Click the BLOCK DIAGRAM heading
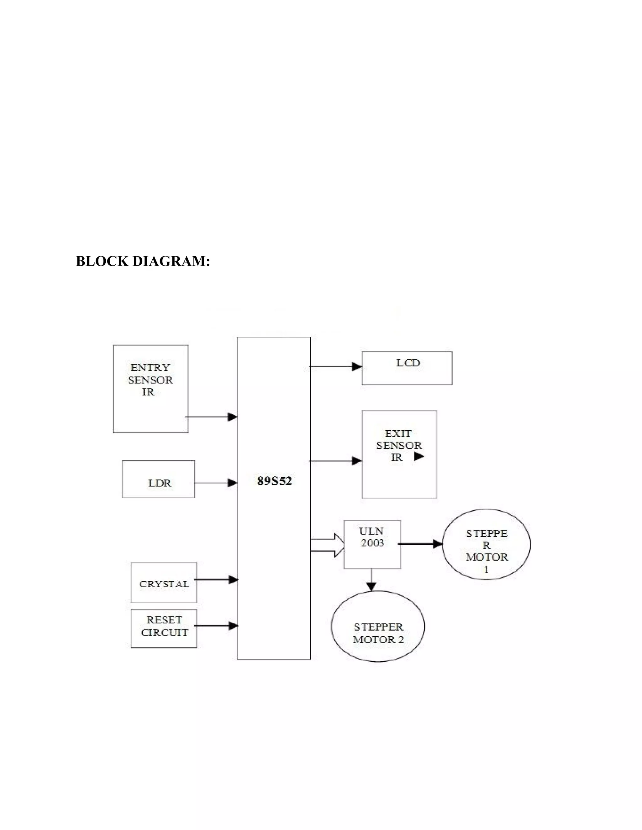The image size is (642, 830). point(143,262)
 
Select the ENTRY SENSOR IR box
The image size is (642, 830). point(150,388)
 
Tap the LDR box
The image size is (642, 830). point(158,479)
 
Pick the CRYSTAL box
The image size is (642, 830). point(164,583)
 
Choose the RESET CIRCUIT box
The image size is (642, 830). point(164,629)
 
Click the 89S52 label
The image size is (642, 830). point(274,481)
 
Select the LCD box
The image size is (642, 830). point(407,368)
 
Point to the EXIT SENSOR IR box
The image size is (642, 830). point(399,454)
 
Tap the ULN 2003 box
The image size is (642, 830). point(372,544)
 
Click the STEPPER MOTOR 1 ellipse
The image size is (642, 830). point(486,544)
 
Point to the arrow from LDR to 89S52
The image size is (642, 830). point(216,483)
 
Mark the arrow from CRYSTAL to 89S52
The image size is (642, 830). point(216,579)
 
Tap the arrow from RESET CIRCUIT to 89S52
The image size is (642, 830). point(216,625)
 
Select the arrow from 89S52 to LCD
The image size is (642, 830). point(336,367)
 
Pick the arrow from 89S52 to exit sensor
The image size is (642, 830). point(336,461)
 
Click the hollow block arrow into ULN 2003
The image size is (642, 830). point(328,545)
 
